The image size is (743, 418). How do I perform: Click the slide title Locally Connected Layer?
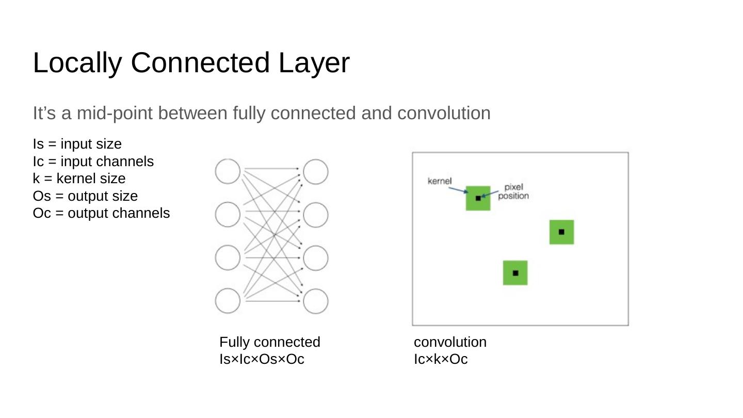point(191,63)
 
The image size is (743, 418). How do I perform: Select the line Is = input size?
point(77,144)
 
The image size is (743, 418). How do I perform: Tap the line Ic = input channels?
point(93,162)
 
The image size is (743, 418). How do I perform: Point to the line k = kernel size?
point(79,179)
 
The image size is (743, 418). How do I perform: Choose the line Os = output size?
point(85,196)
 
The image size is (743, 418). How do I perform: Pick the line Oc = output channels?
point(101,213)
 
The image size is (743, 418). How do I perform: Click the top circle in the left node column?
point(228,171)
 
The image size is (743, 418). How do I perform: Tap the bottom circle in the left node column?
point(228,301)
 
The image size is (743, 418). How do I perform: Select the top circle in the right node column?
point(316,172)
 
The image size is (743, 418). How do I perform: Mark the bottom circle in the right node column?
point(316,301)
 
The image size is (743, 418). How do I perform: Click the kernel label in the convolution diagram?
point(440,181)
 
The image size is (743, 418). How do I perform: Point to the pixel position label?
point(513,191)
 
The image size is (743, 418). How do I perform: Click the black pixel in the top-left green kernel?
point(478,198)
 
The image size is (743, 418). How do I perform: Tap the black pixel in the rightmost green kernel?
point(561,232)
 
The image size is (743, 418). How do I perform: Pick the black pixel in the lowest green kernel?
point(515,273)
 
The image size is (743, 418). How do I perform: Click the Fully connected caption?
point(270,342)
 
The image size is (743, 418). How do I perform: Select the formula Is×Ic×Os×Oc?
point(262,359)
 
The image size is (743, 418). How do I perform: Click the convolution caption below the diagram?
point(450,342)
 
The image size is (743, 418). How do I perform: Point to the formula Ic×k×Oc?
point(441,359)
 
